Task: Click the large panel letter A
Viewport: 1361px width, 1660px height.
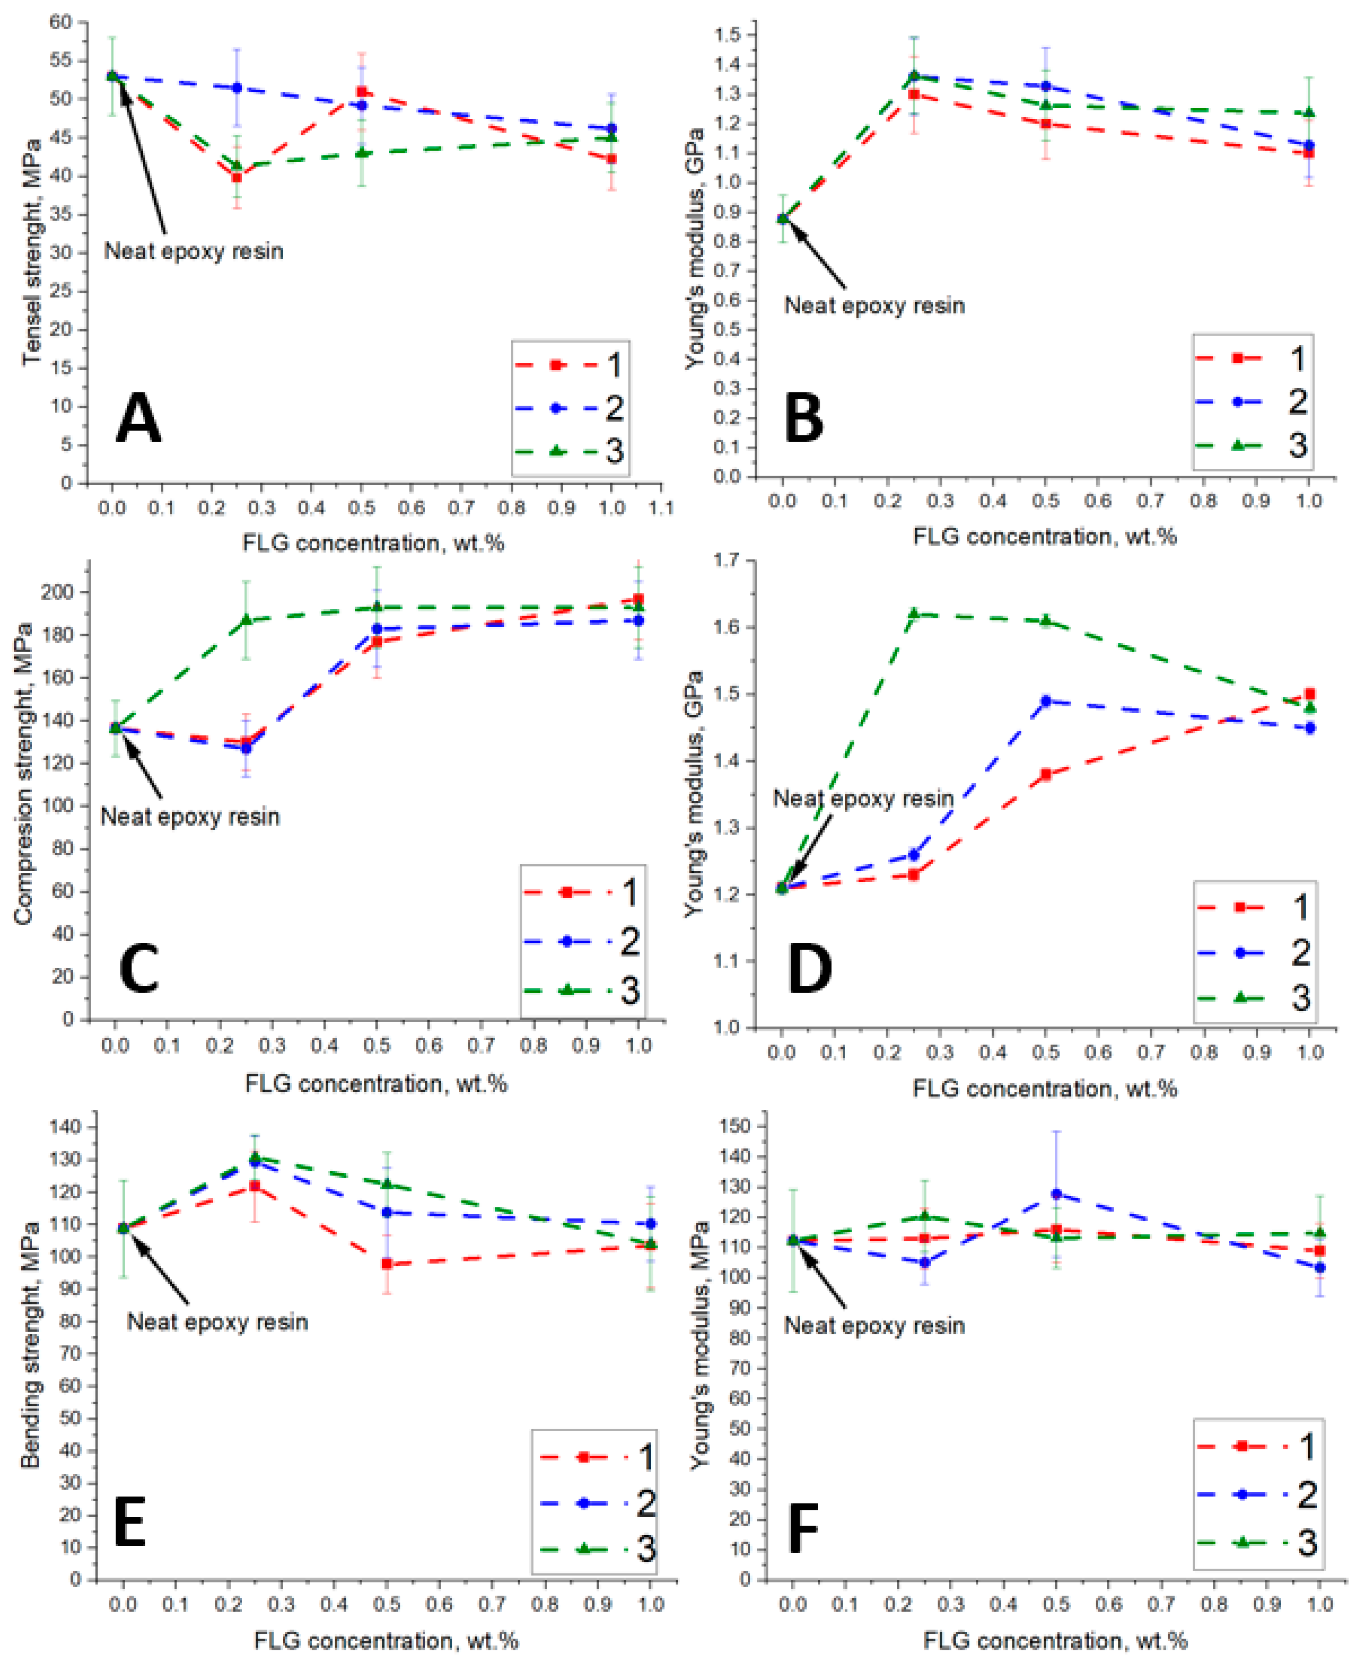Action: [138, 419]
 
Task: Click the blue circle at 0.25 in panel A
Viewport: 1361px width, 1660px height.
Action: [237, 88]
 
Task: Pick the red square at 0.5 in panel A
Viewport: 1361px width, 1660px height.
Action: [362, 92]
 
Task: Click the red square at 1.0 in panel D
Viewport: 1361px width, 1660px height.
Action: [1309, 693]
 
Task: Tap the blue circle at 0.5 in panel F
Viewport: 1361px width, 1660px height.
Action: [1056, 1194]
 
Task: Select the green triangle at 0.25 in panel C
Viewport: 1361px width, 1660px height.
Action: [246, 619]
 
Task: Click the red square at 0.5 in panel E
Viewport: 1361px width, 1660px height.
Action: [386, 1264]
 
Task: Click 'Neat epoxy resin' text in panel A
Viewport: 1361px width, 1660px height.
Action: [193, 251]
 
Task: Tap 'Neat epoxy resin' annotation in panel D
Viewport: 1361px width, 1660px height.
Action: [863, 798]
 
